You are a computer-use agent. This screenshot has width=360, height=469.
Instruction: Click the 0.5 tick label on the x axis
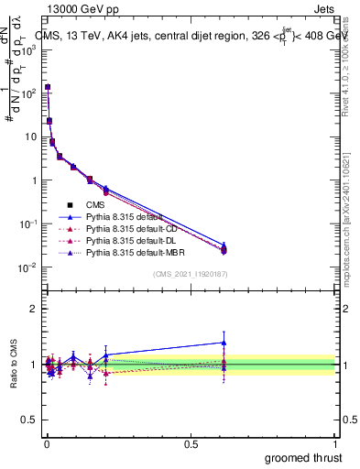click(x=191, y=442)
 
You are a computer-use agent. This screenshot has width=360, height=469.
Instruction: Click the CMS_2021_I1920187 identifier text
click(x=190, y=274)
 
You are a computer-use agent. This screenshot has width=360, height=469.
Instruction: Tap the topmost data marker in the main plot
click(x=48, y=87)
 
